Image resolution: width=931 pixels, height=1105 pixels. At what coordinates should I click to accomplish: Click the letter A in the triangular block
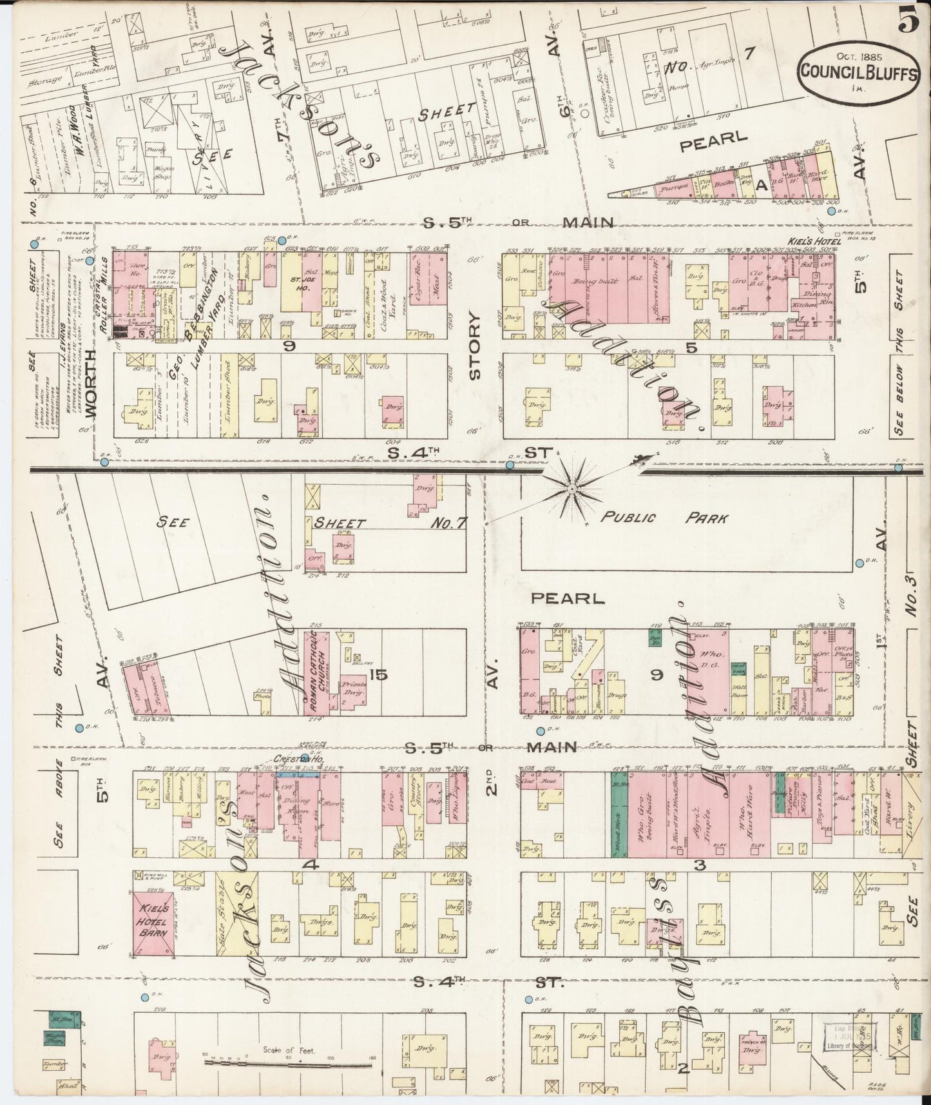(x=760, y=186)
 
